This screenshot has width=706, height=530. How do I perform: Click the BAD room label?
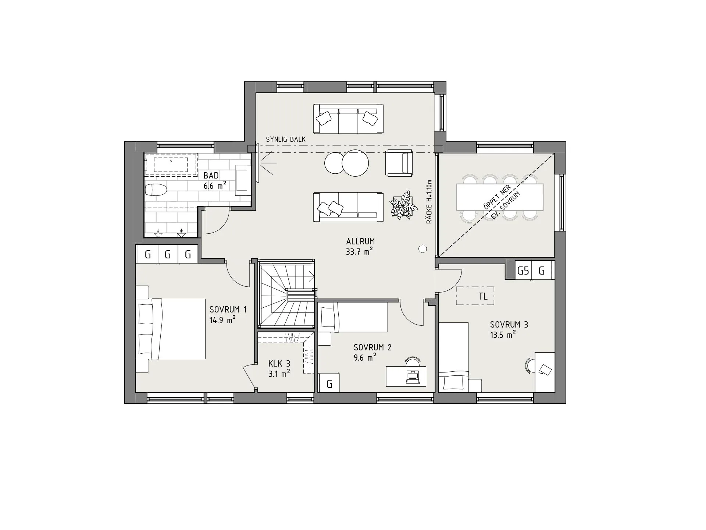[211, 176]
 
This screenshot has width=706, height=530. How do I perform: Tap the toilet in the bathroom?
[156, 190]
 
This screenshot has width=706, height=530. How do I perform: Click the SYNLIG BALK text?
[286, 139]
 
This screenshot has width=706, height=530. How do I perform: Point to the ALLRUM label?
[360, 241]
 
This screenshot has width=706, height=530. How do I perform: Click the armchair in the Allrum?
[399, 163]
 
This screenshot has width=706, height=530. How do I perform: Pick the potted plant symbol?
[404, 205]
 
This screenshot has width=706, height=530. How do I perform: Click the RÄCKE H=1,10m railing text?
[429, 202]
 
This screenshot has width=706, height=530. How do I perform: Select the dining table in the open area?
[500, 197]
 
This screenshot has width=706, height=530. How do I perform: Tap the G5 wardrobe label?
[523, 271]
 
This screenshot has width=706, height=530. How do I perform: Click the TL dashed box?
[475, 296]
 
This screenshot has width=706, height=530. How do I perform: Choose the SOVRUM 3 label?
[509, 325]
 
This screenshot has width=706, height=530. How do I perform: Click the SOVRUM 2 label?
[372, 347]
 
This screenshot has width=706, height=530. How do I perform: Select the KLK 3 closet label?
[279, 364]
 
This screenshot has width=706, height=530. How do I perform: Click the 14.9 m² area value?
[222, 319]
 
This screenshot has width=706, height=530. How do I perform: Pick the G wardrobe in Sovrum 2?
[329, 383]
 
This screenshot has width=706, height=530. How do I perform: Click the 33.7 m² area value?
[359, 252]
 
